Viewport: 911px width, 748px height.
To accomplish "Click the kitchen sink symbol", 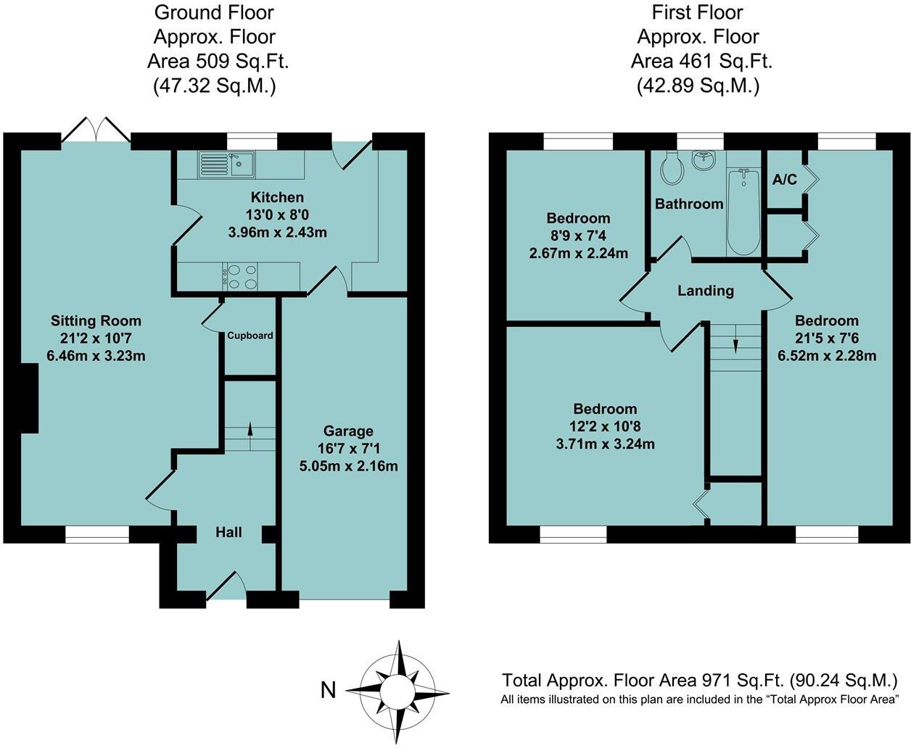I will pyautogui.click(x=225, y=165).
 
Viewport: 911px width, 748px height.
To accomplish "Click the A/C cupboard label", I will pyautogui.click(x=784, y=180).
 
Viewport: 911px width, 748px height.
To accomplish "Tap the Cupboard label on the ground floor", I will pyautogui.click(x=250, y=336).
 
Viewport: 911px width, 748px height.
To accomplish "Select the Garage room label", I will pyautogui.click(x=349, y=431).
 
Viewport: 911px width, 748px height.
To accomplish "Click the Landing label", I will pyautogui.click(x=705, y=291).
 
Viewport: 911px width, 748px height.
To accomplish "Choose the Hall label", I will pyautogui.click(x=228, y=533).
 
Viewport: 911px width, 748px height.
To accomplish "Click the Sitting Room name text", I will pyautogui.click(x=96, y=320).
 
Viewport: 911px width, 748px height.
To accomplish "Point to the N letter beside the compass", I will pyautogui.click(x=329, y=690).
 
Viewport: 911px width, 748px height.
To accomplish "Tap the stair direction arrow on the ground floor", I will pyautogui.click(x=250, y=428).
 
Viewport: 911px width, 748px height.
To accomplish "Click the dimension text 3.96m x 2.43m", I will pyautogui.click(x=277, y=233).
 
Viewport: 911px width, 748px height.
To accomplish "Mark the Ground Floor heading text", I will pyautogui.click(x=214, y=12).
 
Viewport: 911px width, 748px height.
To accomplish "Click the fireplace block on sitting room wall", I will pyautogui.click(x=29, y=399).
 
